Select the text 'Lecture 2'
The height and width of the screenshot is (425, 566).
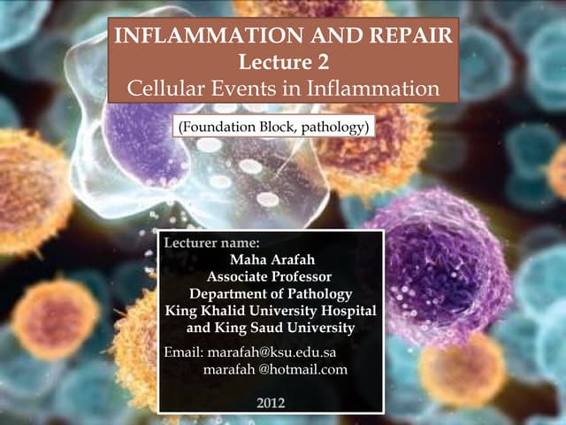(283, 63)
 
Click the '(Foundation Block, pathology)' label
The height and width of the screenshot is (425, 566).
(272, 128)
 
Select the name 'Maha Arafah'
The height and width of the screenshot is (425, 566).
(272, 259)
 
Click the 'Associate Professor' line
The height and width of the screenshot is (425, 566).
(272, 276)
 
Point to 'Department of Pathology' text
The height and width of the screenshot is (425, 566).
(272, 294)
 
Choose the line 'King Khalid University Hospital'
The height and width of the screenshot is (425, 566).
(272, 311)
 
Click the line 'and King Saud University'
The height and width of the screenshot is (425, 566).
(272, 328)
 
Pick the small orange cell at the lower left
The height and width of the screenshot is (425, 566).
(55, 317)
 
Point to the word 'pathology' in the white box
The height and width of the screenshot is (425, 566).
(333, 128)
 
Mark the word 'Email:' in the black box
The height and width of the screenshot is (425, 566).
(185, 352)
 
